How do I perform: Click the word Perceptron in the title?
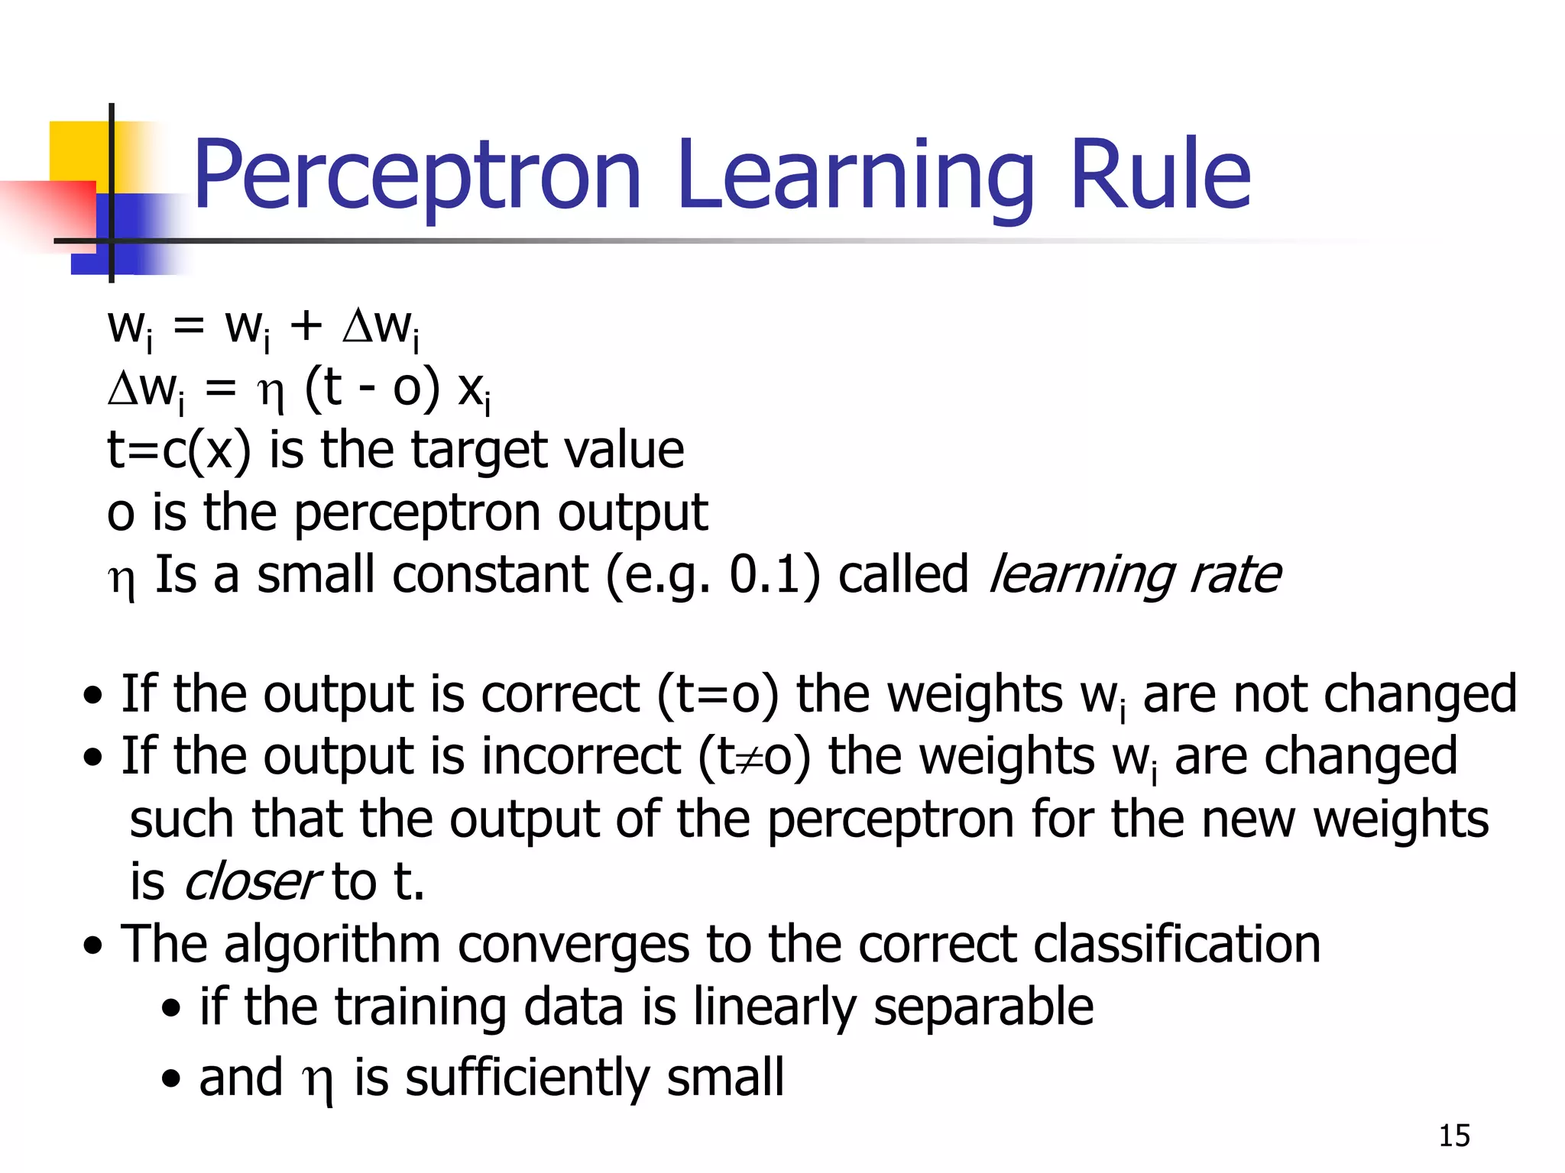click(416, 176)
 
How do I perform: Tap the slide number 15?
click(1454, 1136)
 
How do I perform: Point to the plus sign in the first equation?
click(306, 326)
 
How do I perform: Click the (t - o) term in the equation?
click(372, 389)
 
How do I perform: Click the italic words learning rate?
click(1134, 575)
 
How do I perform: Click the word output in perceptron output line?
click(632, 512)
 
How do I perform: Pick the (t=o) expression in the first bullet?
click(717, 694)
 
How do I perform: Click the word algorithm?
click(332, 945)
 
